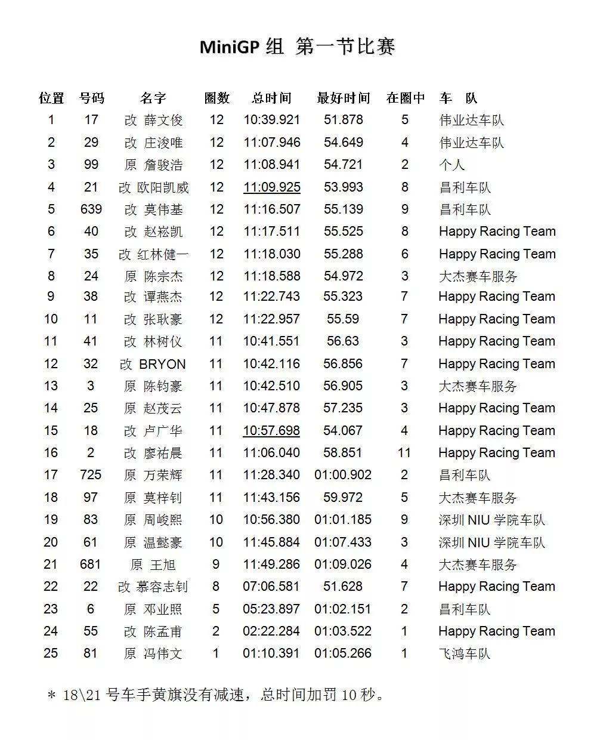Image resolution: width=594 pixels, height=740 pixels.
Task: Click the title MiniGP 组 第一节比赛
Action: (x=297, y=47)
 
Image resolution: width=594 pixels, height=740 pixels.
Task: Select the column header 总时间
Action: (x=271, y=98)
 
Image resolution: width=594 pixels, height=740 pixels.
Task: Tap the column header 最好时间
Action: (x=344, y=98)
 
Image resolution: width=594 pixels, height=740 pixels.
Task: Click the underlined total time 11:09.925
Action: (x=272, y=187)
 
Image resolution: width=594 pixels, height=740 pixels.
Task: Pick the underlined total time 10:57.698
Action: (x=271, y=431)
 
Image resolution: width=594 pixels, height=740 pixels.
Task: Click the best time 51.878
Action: (x=344, y=120)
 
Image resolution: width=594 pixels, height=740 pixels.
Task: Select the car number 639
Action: (x=91, y=209)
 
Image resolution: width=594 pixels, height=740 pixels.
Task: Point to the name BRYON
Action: (x=162, y=364)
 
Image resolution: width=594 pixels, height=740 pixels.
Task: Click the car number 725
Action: (x=91, y=475)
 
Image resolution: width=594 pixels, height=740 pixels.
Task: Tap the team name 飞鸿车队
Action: (x=465, y=653)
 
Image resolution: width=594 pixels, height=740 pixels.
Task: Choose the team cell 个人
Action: (x=451, y=165)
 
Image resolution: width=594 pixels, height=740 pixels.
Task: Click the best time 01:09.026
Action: (x=343, y=565)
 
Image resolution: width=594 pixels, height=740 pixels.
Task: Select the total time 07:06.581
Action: (x=271, y=587)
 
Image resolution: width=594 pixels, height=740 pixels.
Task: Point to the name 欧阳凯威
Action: (x=163, y=187)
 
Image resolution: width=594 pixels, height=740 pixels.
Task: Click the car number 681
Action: (x=91, y=565)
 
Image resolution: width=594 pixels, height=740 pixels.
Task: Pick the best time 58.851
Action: (x=343, y=453)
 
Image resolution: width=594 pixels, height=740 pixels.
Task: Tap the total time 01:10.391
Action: (x=271, y=653)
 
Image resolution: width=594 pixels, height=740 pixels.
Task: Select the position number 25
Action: (x=51, y=653)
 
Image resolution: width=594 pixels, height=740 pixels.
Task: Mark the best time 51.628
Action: (x=343, y=587)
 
